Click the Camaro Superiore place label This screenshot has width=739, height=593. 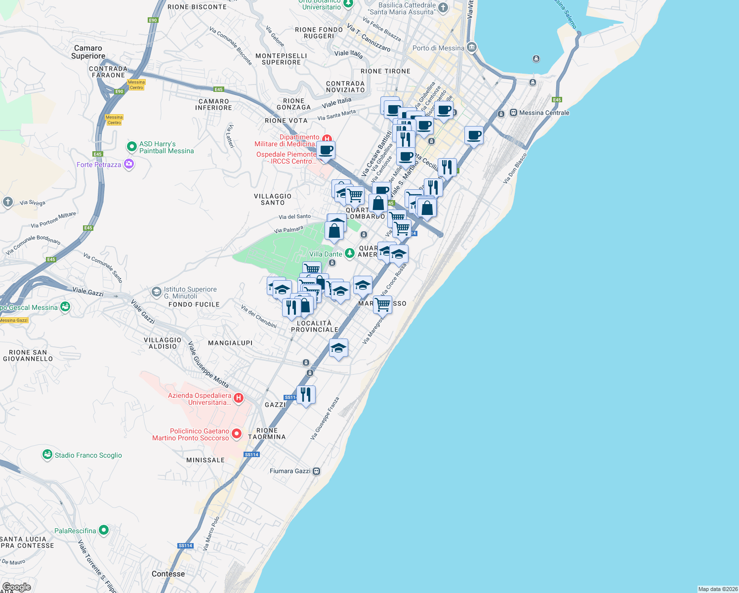tap(88, 52)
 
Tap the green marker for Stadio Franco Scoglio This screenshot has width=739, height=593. tap(47, 455)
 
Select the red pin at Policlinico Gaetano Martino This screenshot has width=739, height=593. tap(237, 434)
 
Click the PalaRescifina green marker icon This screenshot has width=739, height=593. tap(103, 530)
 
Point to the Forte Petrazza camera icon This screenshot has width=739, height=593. tap(129, 164)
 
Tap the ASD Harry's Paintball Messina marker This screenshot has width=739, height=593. tap(131, 147)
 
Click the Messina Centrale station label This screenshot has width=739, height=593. tap(544, 113)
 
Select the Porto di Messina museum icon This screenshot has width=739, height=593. tap(471, 47)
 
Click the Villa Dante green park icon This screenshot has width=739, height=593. tap(350, 254)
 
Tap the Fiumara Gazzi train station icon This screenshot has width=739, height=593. tap(317, 471)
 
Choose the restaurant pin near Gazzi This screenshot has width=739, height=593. tap(306, 394)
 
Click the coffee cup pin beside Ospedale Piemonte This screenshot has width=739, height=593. tap(326, 150)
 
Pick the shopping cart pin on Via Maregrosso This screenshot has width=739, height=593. tap(382, 304)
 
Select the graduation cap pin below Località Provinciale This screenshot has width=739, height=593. tap(338, 348)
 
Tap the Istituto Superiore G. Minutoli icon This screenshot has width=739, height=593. tap(157, 292)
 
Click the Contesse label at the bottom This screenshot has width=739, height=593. tap(168, 574)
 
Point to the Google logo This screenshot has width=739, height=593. tap(17, 587)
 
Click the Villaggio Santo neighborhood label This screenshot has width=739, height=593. tap(273, 199)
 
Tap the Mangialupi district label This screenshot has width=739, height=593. tap(230, 343)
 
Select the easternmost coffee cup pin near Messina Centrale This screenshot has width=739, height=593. tap(474, 135)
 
